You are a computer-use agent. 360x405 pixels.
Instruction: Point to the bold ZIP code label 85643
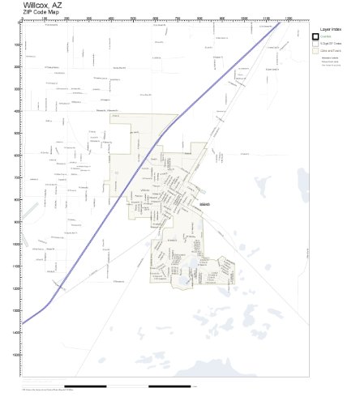204,204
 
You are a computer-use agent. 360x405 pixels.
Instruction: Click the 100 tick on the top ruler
44,19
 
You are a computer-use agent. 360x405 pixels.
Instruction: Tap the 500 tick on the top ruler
133,19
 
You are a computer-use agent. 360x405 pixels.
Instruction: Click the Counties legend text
328,36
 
